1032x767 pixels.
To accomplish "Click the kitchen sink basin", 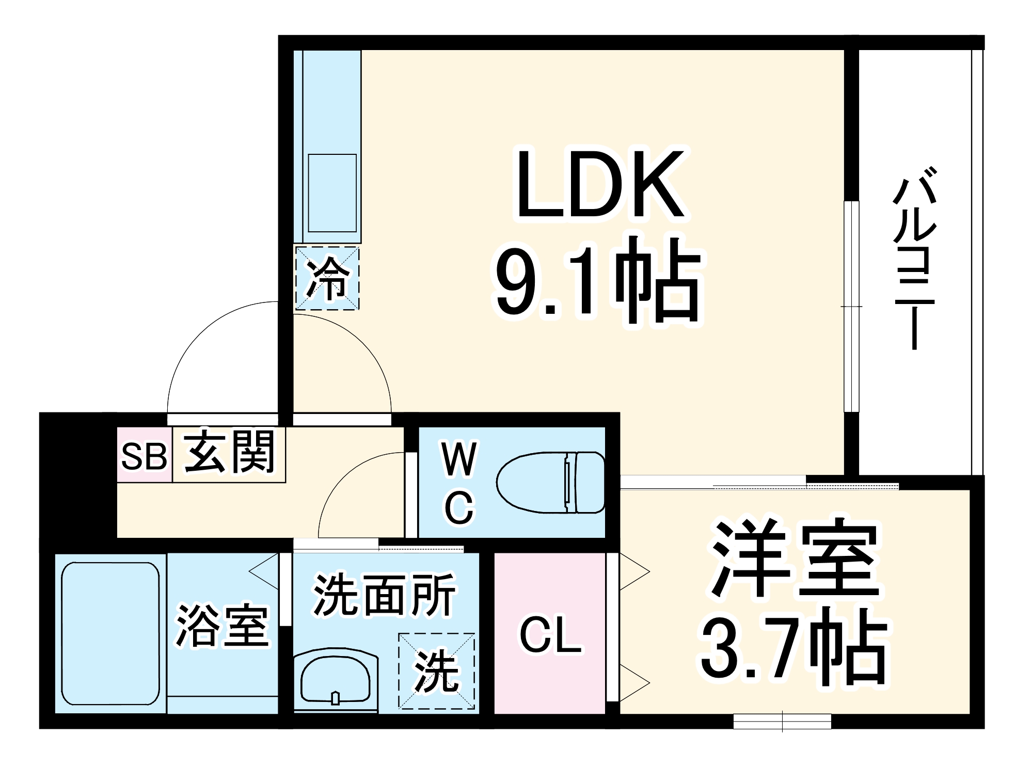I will point(332,193).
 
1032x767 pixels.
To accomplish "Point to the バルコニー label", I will point(914,258).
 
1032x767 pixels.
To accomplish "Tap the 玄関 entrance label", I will point(229,452).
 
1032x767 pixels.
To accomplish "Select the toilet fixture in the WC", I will point(550,483).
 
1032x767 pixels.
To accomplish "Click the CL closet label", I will point(550,635).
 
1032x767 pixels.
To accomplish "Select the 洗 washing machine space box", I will point(436,670).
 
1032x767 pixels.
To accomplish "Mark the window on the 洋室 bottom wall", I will point(782,721).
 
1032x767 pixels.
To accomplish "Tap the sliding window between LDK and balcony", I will point(851,307).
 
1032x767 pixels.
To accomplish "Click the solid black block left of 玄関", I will point(77,475).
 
